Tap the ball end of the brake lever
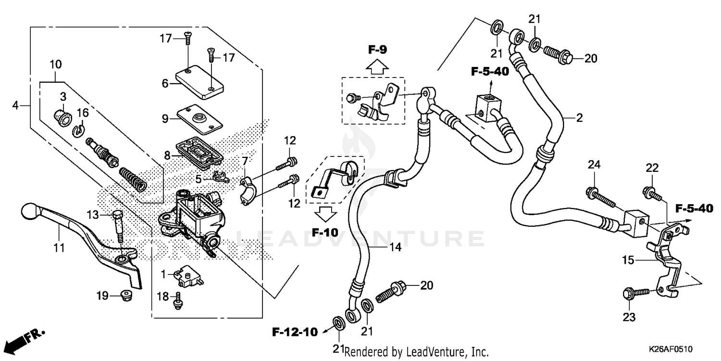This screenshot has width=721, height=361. (30, 211)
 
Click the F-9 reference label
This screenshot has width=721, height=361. (378, 49)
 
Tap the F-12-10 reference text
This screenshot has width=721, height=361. (295, 332)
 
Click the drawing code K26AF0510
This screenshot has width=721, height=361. (672, 348)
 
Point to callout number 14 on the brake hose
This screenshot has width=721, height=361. (395, 248)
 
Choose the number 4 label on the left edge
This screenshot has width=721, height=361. (16, 104)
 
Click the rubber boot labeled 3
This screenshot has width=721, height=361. (62, 116)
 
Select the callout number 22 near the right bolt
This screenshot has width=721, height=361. (652, 168)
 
